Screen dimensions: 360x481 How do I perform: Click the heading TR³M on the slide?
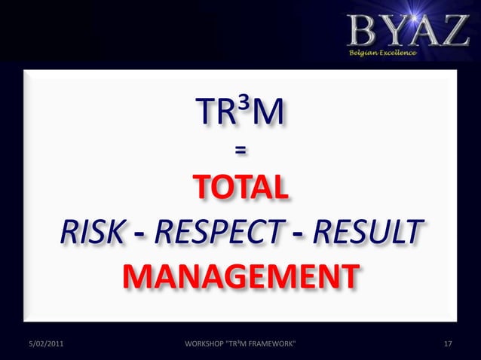pyautogui.click(x=240, y=114)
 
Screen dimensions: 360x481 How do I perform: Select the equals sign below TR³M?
pyautogui.click(x=240, y=151)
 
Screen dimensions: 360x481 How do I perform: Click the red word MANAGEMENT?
pyautogui.click(x=240, y=277)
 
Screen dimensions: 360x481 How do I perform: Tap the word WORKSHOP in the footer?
pyautogui.click(x=204, y=344)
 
